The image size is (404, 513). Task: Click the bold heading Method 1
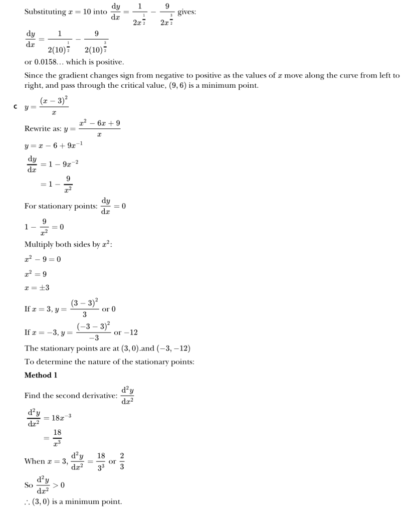(41, 375)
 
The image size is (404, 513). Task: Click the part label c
(16, 107)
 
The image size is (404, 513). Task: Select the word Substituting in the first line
(46, 12)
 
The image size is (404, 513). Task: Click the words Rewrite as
(42, 129)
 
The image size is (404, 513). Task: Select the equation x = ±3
(37, 288)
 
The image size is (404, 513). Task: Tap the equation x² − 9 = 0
(43, 259)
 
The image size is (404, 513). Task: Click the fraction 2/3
(122, 461)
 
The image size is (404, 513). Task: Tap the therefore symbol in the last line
(28, 501)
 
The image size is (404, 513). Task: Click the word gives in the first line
(186, 12)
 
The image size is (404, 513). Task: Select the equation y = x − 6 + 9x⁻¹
(54, 145)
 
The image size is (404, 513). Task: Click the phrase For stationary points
(61, 206)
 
